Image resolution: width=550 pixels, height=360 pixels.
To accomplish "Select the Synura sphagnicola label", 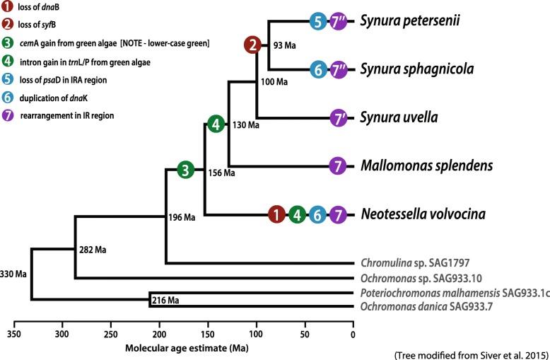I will (417, 69).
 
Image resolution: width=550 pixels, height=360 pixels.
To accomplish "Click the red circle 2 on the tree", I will (252, 45).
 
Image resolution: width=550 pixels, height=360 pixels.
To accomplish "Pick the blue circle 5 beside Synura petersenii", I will (319, 21).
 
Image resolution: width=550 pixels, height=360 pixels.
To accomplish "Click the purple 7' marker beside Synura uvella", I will (340, 117).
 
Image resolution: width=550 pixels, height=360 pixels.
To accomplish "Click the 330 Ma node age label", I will (14, 274).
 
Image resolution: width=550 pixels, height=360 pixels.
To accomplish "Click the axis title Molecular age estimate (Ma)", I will (181, 348).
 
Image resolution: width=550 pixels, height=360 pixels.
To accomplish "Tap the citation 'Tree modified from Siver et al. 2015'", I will (476, 352).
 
